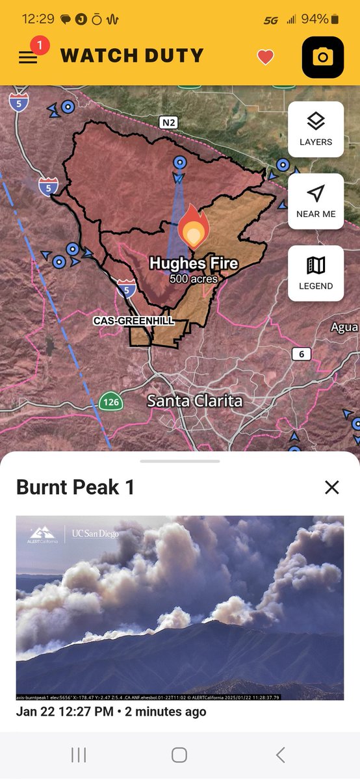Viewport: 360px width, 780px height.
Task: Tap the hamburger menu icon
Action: point(27,57)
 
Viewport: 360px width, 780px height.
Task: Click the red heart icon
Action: point(265,57)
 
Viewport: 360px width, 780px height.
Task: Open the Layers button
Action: point(316,129)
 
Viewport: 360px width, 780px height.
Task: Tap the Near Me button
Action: point(316,201)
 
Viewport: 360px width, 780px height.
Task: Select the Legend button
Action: point(316,273)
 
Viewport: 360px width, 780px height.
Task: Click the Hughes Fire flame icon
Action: point(194,227)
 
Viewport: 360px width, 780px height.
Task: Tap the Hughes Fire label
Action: point(194,264)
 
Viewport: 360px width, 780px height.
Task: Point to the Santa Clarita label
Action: point(194,401)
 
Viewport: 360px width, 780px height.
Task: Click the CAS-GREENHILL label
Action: point(133,321)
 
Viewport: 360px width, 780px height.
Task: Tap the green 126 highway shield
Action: point(111,402)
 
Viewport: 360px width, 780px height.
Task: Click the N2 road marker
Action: point(168,122)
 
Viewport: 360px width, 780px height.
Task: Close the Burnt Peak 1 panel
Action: point(332,487)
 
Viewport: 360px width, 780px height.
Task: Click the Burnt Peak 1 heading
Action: point(75,487)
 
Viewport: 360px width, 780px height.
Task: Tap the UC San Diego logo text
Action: point(96,534)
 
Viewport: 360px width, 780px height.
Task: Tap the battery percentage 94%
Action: point(315,19)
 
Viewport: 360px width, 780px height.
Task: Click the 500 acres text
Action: point(194,279)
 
